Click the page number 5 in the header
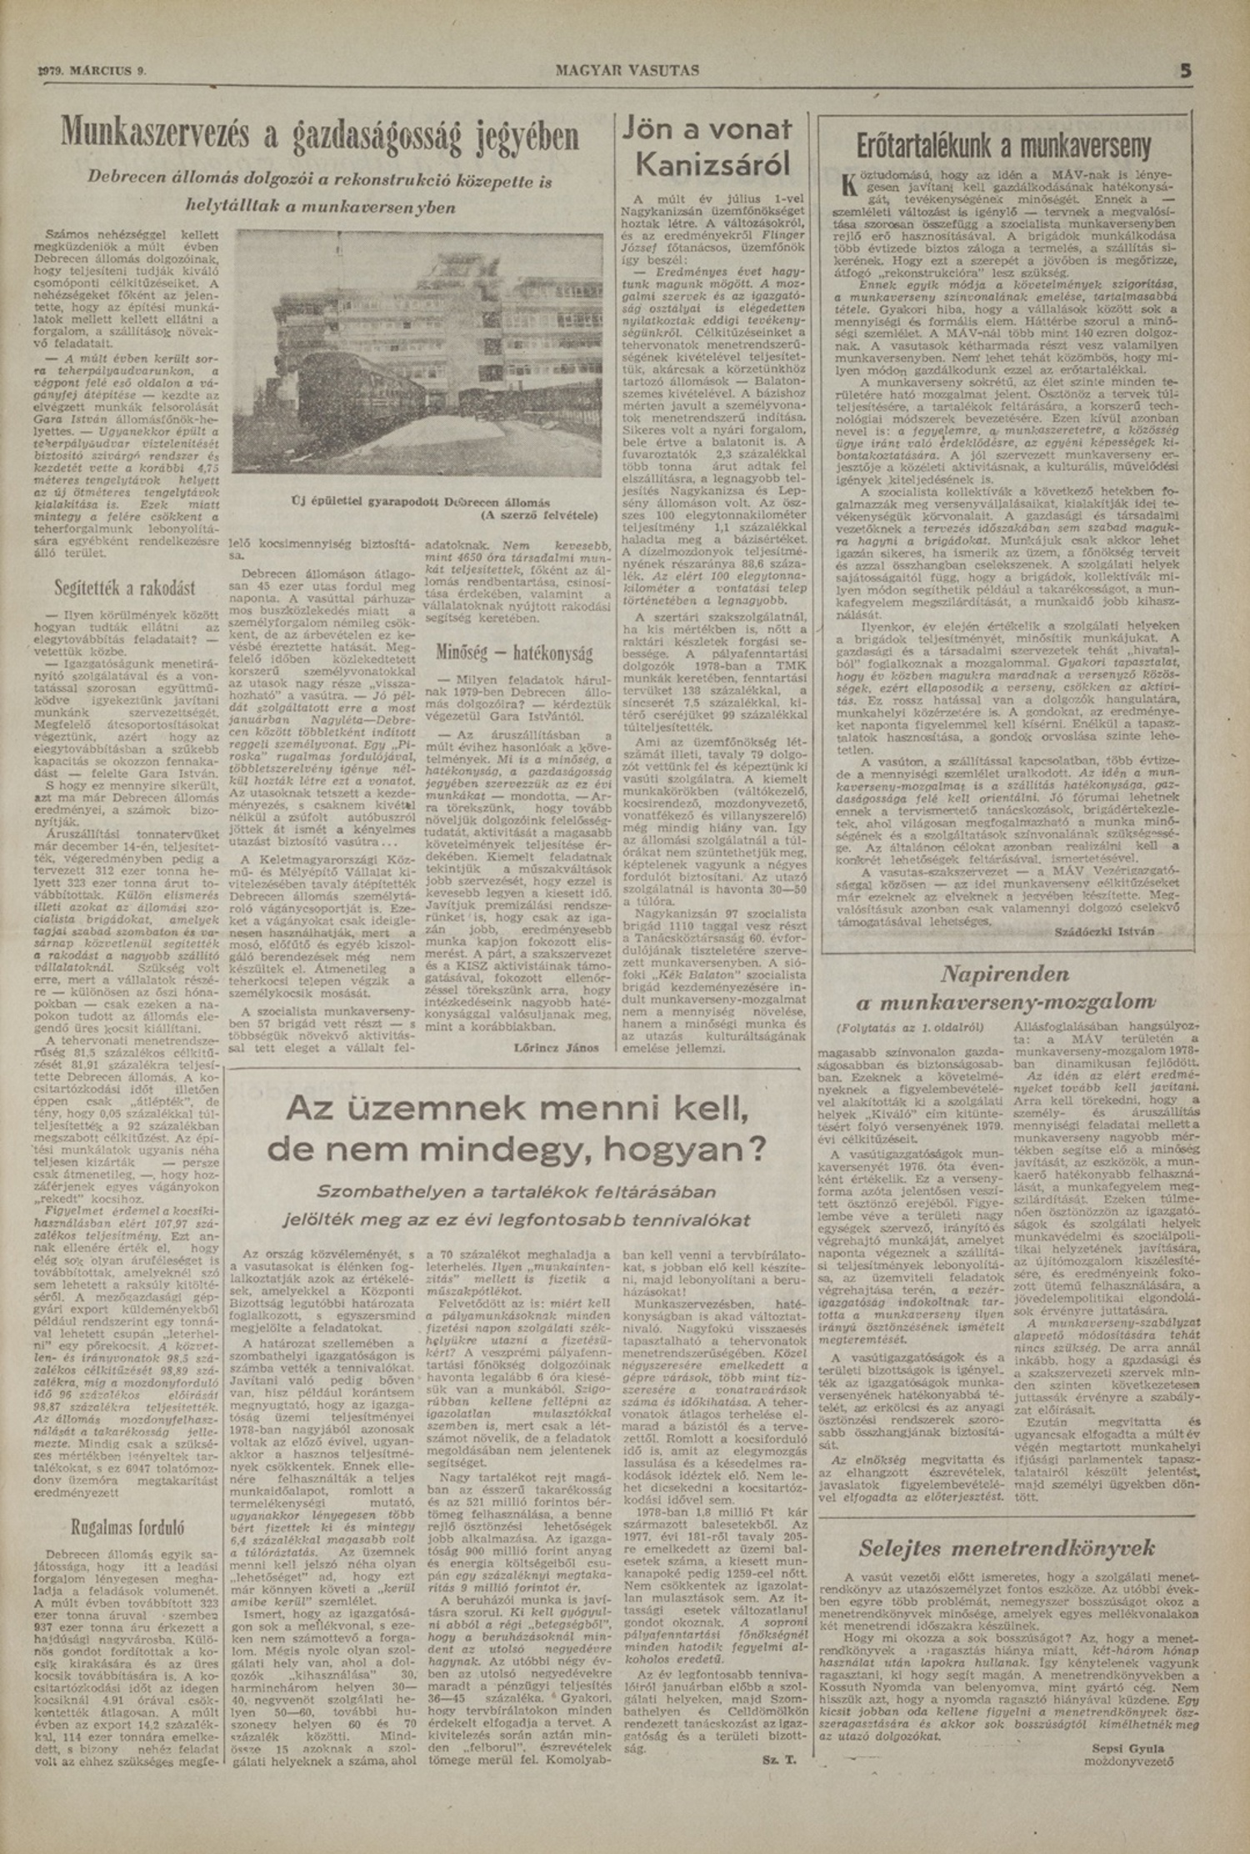coord(1185,71)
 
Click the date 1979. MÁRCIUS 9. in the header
coord(93,71)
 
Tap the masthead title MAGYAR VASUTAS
coord(627,71)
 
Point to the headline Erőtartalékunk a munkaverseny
coord(1003,146)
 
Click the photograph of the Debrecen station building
coord(417,353)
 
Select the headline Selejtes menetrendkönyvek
coord(1007,1548)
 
